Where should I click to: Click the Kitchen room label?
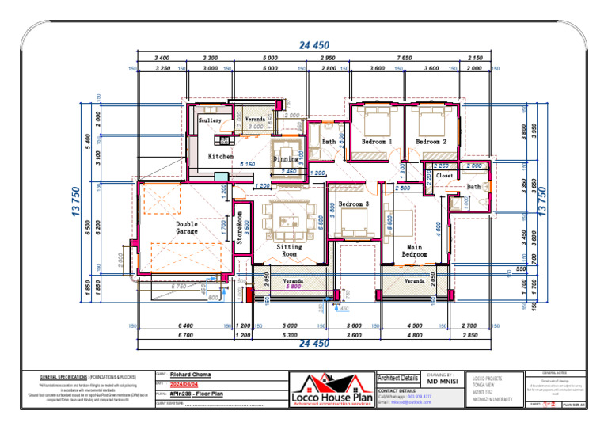(x=220, y=157)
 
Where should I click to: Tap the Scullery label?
(x=210, y=120)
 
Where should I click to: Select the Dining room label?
(x=285, y=158)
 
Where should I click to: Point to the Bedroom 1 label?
(x=377, y=142)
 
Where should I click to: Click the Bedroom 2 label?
(x=432, y=142)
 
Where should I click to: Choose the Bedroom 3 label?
(x=353, y=204)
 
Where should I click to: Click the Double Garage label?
(x=187, y=228)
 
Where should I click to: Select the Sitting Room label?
(x=290, y=251)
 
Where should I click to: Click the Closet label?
(x=445, y=176)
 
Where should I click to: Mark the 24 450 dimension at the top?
(x=314, y=45)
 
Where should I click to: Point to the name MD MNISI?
(x=439, y=381)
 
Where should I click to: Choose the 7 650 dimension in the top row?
(x=404, y=58)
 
